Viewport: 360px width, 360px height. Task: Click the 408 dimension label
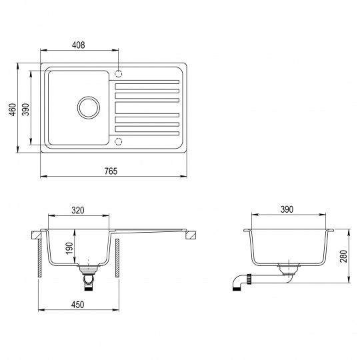79,45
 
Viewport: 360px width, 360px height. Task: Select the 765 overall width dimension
111,171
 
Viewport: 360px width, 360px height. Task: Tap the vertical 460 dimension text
12,110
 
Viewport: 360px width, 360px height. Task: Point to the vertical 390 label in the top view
26,110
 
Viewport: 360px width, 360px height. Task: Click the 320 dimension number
77,210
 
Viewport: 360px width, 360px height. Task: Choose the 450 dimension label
77,305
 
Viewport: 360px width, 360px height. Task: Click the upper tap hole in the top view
119,73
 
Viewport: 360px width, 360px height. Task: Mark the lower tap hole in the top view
119,141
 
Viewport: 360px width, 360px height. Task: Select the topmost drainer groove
147,84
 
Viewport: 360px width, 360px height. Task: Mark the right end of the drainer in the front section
193,234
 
